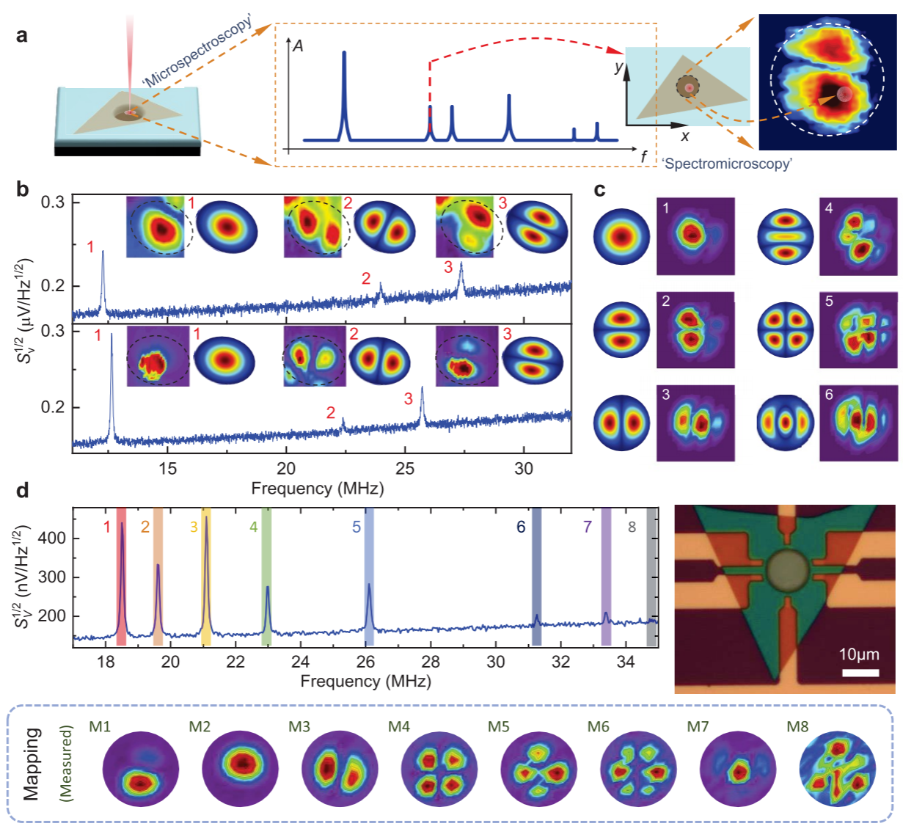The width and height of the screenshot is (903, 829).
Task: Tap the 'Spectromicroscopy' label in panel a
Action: (x=727, y=163)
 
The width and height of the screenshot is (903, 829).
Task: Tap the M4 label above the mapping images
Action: (x=398, y=726)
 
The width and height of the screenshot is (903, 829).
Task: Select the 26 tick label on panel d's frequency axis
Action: (x=366, y=662)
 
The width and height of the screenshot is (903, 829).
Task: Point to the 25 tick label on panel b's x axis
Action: (x=405, y=469)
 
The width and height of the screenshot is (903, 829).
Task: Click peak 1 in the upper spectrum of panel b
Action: (x=103, y=253)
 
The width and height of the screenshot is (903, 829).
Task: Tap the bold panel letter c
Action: (x=600, y=190)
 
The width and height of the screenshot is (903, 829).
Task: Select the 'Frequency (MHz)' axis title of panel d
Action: (x=365, y=681)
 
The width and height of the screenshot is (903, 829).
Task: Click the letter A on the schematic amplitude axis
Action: (x=298, y=45)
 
